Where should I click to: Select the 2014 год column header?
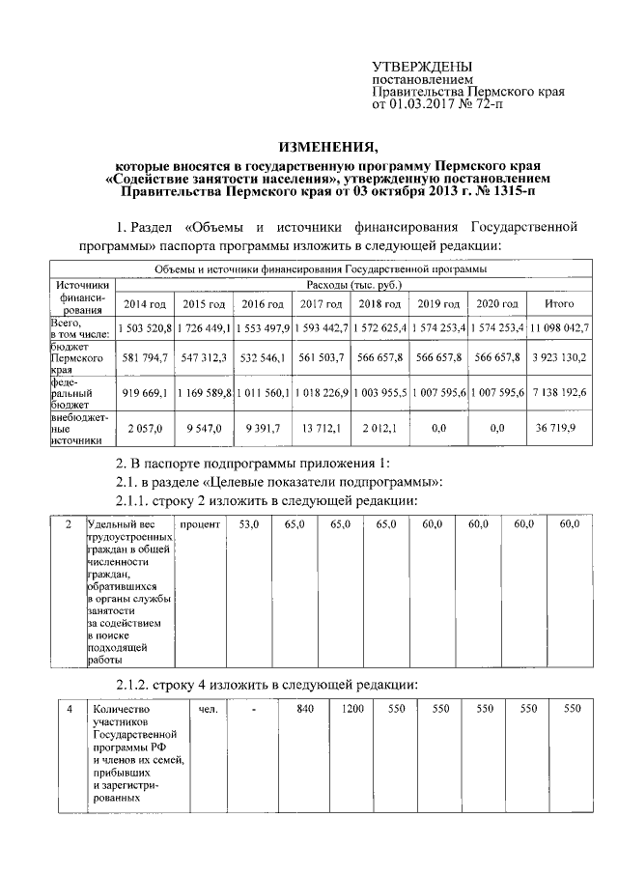pos(145,304)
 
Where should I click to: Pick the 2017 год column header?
pos(323,304)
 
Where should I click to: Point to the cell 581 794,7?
pos(145,357)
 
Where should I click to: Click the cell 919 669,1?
pos(145,394)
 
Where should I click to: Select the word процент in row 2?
pos(201,523)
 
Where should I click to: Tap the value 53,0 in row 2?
pos(249,523)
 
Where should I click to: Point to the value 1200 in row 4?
pos(351,710)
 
